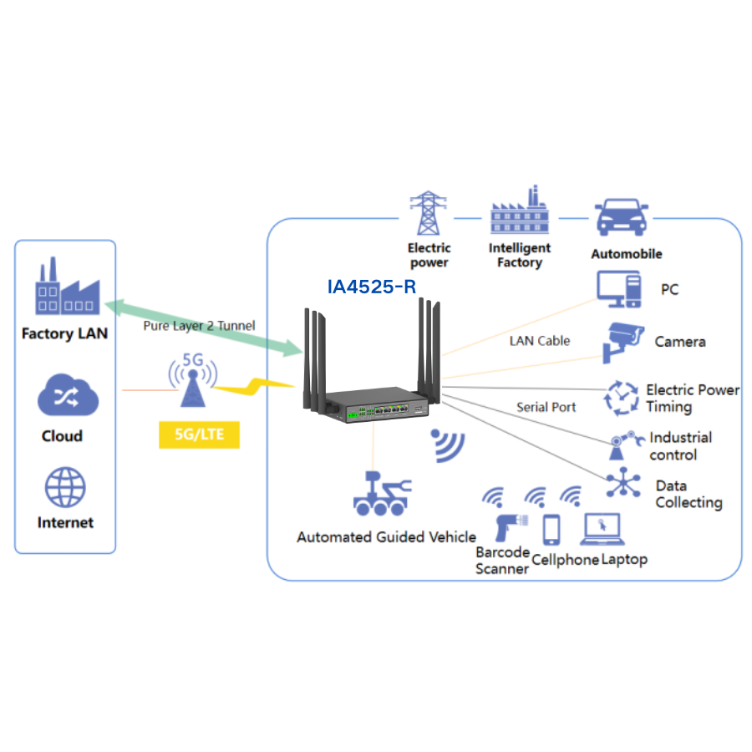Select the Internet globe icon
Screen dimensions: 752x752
65,487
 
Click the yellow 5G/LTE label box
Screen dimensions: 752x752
199,434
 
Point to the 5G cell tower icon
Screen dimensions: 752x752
192,380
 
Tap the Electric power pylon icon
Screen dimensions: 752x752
428,214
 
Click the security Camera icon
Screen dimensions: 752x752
624,340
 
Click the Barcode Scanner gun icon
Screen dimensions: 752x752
506,529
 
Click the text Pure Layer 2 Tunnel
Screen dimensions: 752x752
199,325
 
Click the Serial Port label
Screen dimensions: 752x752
546,407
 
